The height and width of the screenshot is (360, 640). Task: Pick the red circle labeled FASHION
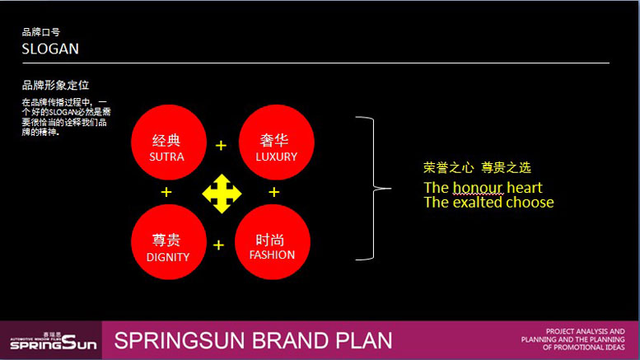click(x=272, y=242)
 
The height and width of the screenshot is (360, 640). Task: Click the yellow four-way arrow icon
click(x=222, y=194)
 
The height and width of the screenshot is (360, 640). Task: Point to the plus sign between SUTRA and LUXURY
click(x=221, y=146)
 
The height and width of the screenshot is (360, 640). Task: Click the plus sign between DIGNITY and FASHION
click(x=219, y=245)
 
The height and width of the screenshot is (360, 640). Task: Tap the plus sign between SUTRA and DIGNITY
click(x=166, y=192)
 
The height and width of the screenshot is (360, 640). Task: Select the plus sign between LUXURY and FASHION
click(x=274, y=192)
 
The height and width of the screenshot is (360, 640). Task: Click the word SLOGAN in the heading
click(x=50, y=49)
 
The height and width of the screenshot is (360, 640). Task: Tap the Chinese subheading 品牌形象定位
click(x=55, y=85)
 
